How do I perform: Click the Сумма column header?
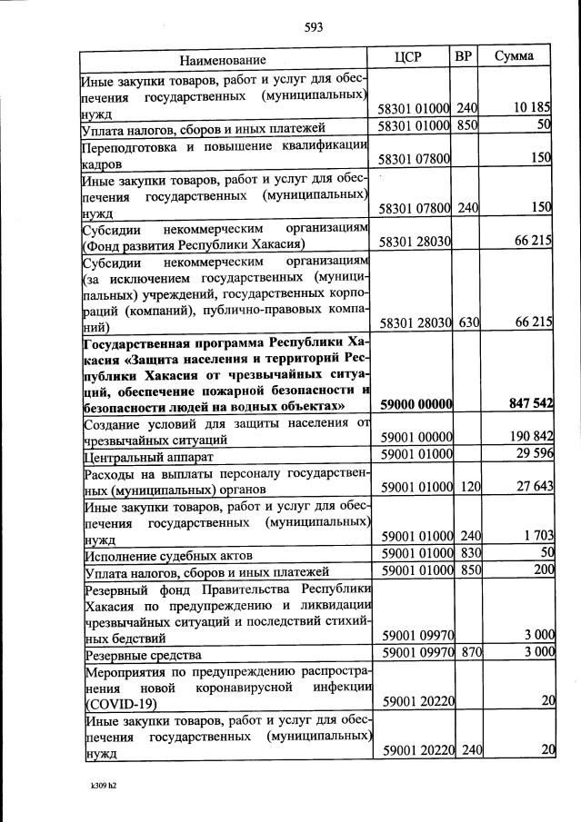(x=514, y=56)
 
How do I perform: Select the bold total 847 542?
(x=526, y=403)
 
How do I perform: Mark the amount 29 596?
(x=534, y=454)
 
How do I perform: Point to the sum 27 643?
(x=534, y=487)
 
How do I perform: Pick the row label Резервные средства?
(x=142, y=654)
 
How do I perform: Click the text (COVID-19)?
(x=121, y=703)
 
